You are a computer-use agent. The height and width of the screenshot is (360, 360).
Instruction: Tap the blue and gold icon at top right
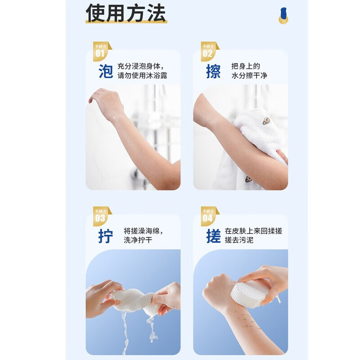pyautogui.click(x=283, y=16)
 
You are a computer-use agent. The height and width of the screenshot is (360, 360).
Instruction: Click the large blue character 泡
pyautogui.click(x=106, y=71)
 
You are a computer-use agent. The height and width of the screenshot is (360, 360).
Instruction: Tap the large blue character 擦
pyautogui.click(x=213, y=71)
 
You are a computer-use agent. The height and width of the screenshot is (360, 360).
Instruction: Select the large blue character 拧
pyautogui.click(x=106, y=236)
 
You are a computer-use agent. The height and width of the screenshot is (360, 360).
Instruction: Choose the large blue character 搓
pyautogui.click(x=213, y=236)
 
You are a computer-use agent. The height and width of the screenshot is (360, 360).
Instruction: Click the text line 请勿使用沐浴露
pyautogui.click(x=143, y=76)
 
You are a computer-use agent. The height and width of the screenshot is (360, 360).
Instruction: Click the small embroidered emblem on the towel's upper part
pyautogui.click(x=266, y=121)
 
